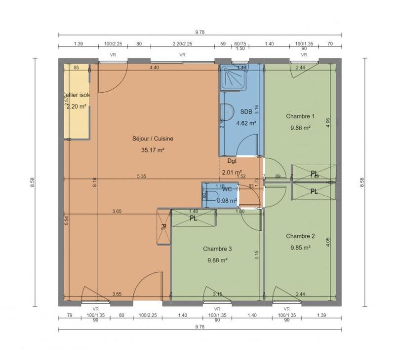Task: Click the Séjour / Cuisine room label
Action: pos(152,139)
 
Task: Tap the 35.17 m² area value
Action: pos(152,150)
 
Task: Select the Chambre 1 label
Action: pos(300,116)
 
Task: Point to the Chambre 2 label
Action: pos(300,236)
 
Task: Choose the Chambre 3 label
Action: pos(217,249)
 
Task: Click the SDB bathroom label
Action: pos(246,112)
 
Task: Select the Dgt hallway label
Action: pos(232,161)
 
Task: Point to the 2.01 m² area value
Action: pos(231,172)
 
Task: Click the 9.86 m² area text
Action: pos(300,128)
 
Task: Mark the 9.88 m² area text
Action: pos(217,260)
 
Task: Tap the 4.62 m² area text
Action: pos(246,123)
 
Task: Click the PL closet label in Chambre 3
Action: pos(193,218)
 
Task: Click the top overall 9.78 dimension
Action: pos(199,32)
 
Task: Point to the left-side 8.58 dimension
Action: pos(33,182)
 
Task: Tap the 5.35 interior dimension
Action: pos(142,176)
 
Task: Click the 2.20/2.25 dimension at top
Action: pos(182,44)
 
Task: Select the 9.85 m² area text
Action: pos(300,248)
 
